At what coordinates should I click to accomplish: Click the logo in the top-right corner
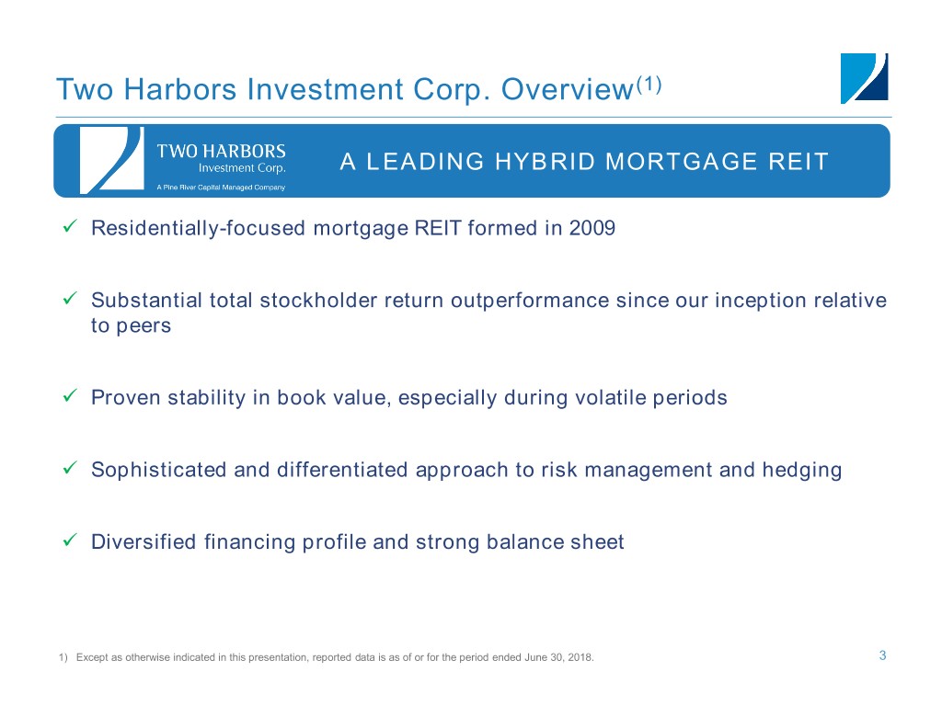click(x=864, y=78)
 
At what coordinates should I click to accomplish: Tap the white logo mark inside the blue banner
click(x=111, y=160)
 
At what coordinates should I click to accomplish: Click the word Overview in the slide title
click(x=567, y=89)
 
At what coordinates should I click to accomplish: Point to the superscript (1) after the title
click(x=649, y=85)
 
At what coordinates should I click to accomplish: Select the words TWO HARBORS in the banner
click(x=221, y=151)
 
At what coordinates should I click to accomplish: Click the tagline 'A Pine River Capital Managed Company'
click(x=221, y=188)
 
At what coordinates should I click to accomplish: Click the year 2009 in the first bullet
click(x=592, y=228)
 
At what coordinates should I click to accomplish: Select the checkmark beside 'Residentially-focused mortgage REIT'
click(x=70, y=226)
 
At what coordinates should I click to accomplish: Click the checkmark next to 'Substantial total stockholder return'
click(x=70, y=299)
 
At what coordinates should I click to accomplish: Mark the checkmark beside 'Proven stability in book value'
click(x=70, y=395)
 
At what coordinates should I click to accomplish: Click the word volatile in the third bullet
click(x=611, y=397)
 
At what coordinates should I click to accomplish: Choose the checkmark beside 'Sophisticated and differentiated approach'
click(x=70, y=468)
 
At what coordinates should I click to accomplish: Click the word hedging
click(x=802, y=470)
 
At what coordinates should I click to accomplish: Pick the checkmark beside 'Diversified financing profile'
click(x=70, y=540)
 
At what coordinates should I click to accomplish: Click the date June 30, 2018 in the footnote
click(x=558, y=657)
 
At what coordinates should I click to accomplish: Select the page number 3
click(x=882, y=655)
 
